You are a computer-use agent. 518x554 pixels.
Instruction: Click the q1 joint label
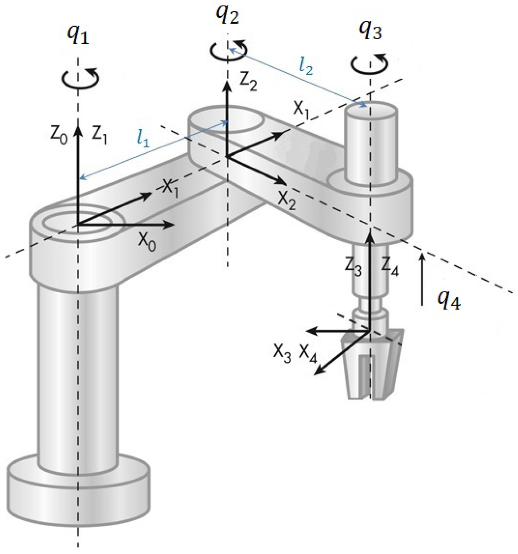tap(78, 36)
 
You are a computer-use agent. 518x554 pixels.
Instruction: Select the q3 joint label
tap(370, 33)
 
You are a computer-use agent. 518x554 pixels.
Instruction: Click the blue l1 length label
tap(144, 140)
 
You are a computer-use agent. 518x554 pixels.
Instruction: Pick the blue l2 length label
tap(306, 67)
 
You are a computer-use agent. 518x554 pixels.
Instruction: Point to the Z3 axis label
tap(353, 269)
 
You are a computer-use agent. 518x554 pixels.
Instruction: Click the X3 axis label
tap(282, 354)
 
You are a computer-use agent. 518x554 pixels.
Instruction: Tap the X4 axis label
tap(308, 354)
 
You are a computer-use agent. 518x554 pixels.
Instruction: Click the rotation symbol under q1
tap(81, 78)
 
